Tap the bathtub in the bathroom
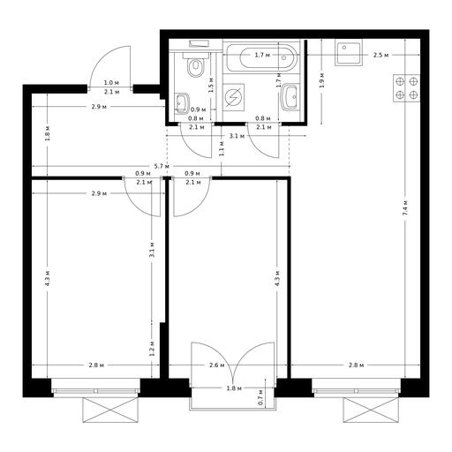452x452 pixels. (262, 57)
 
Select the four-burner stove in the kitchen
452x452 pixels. (407, 88)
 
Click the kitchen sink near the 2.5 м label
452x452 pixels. (349, 53)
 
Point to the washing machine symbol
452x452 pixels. (233, 97)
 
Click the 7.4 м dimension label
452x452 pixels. (406, 208)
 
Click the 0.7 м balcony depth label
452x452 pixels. (260, 397)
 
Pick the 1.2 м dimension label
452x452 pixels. (152, 349)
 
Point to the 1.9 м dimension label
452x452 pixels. (322, 80)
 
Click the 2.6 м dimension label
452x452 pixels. (217, 365)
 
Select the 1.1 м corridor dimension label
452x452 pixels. (222, 148)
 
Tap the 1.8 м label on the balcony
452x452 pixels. (234, 388)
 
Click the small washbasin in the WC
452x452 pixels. (183, 103)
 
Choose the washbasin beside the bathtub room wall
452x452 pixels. (290, 96)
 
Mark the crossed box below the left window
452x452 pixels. (110, 410)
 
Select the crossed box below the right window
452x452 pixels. (371, 410)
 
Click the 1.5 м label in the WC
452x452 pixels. (210, 86)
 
